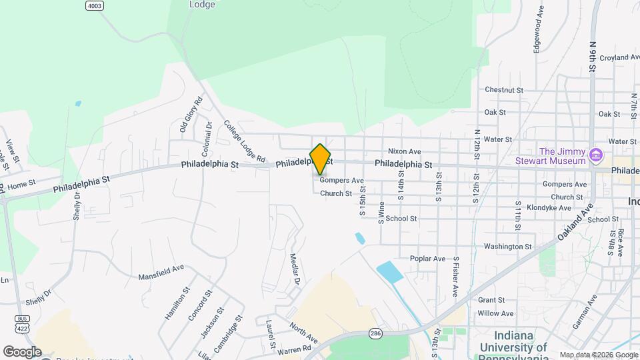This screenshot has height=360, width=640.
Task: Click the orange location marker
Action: coord(320,159)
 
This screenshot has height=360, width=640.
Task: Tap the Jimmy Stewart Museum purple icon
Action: coord(596,155)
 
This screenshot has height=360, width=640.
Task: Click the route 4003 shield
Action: coord(95,5)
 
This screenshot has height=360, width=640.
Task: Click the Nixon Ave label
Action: coord(405,151)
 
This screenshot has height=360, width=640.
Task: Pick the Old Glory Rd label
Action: coord(191,114)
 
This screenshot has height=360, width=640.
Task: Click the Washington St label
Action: coord(508,247)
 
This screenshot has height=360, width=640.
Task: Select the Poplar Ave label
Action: coord(427,259)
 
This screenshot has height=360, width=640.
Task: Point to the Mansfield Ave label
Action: coord(161,272)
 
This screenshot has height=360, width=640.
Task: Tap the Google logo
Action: coord(22,351)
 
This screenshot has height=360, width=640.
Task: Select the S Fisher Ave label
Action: coord(456,276)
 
